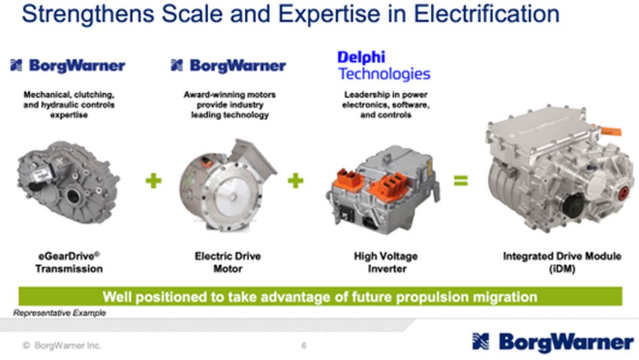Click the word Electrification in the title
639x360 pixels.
coord(484,14)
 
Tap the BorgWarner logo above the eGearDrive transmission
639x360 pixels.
coord(68,65)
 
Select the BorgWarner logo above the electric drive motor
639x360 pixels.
coord(229,65)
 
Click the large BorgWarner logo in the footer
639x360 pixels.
coord(553,342)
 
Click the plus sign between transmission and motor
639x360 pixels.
coord(154,180)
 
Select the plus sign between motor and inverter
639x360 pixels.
coord(295,180)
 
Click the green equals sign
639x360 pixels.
coord(460,180)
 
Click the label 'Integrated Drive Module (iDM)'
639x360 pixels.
coord(562,262)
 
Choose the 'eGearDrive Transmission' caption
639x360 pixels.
coord(68,262)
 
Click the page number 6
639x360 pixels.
coord(304,346)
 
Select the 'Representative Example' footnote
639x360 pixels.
coord(59,313)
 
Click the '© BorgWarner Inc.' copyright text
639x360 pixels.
coord(62,346)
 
